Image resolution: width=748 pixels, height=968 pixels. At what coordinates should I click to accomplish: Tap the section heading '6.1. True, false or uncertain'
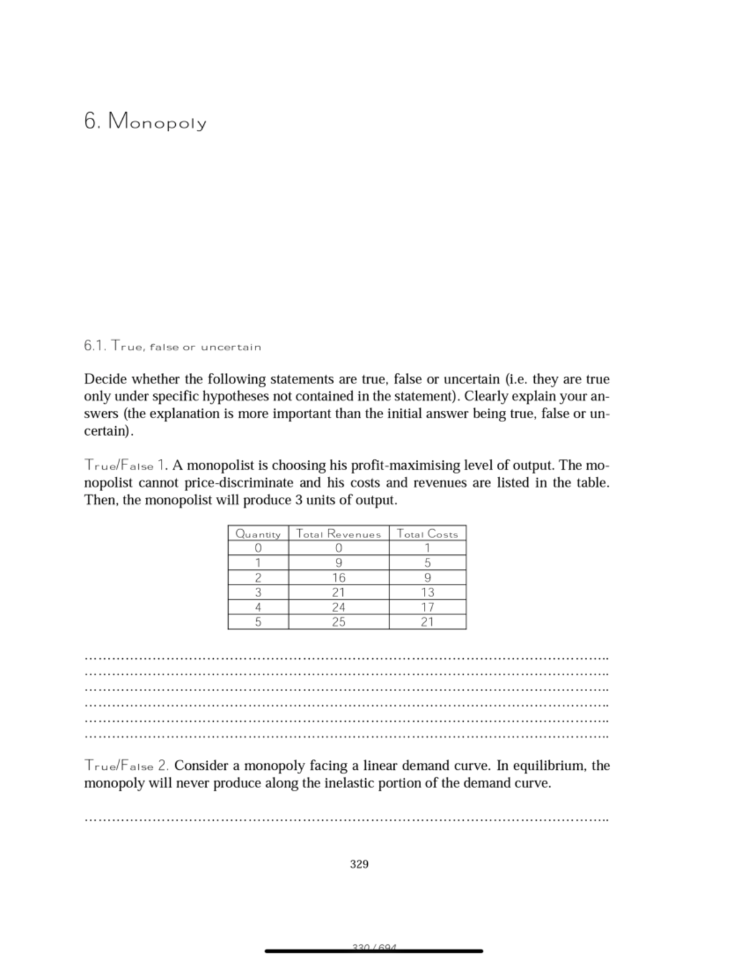[x=172, y=347]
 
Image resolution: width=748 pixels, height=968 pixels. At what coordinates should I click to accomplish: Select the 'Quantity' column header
[x=258, y=534]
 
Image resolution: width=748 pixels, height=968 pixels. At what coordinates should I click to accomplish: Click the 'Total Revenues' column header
[x=338, y=534]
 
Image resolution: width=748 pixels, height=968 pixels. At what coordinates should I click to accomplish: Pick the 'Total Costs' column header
[x=427, y=534]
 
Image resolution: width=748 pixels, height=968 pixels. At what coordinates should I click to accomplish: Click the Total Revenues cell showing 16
[x=338, y=578]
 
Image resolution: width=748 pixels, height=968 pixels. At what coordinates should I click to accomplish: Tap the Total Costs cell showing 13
[x=427, y=592]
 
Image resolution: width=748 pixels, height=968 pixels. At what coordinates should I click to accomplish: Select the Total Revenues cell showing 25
[x=338, y=621]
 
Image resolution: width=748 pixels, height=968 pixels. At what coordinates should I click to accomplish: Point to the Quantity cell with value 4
[x=258, y=607]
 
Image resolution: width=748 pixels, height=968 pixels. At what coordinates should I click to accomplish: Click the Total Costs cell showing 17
[x=427, y=607]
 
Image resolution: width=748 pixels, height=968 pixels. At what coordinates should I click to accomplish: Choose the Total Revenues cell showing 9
[x=338, y=563]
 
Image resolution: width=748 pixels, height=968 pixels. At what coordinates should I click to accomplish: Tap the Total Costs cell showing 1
[x=427, y=548]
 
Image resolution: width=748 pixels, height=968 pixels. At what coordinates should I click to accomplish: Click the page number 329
[x=359, y=864]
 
